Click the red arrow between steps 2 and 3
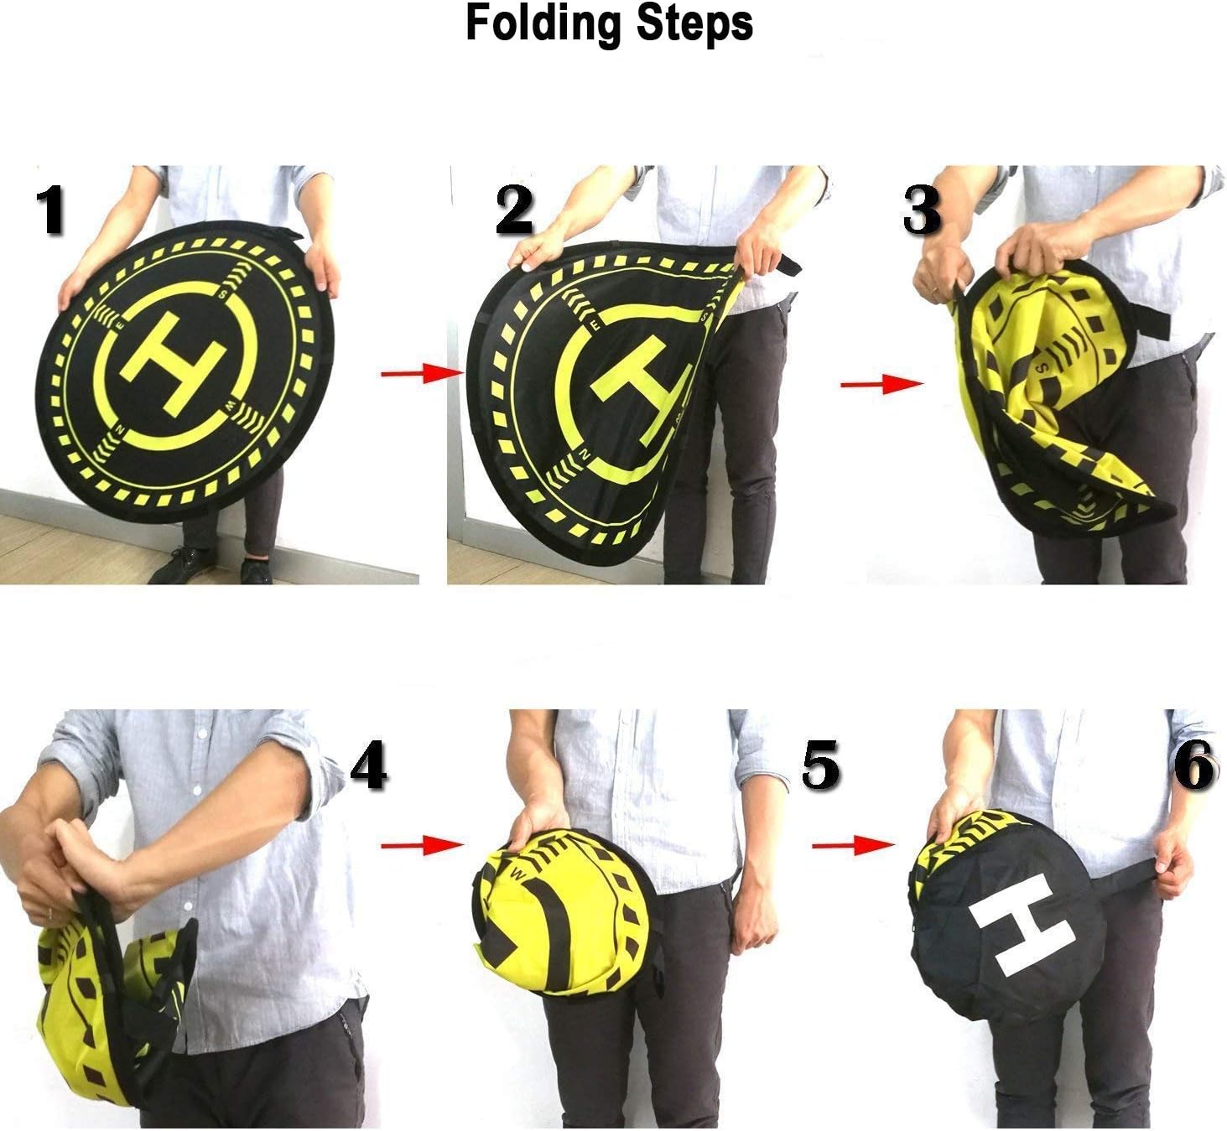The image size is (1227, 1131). coord(882,384)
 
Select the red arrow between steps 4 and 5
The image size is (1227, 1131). coord(423,844)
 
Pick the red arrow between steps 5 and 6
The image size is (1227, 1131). coord(853,844)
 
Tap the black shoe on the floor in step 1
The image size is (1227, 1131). coord(174,567)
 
